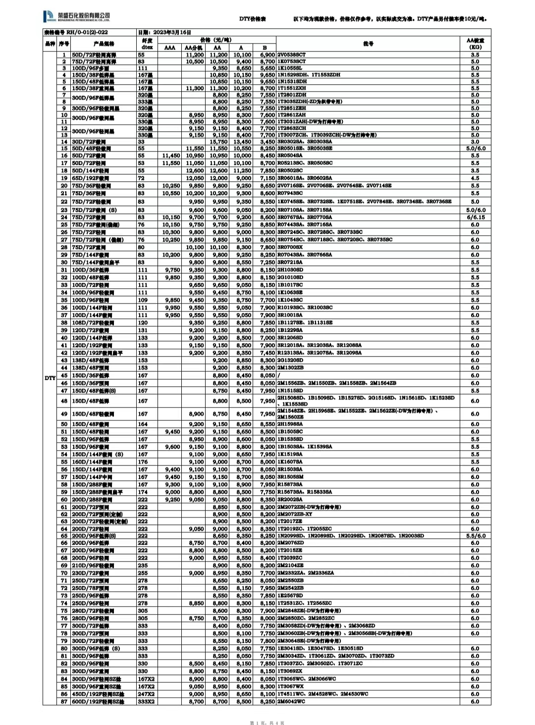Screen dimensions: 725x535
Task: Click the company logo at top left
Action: pos(77,17)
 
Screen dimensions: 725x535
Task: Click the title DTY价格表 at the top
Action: pos(253,19)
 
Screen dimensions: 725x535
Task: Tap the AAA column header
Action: pos(169,48)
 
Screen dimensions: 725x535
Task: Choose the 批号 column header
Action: pos(368,44)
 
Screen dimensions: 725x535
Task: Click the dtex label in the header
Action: pos(147,48)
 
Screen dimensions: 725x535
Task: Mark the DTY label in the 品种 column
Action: pos(50,378)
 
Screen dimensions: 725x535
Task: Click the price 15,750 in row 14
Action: pos(218,142)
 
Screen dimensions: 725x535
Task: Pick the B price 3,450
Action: pos(267,142)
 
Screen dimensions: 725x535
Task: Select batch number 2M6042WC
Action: pos(291,701)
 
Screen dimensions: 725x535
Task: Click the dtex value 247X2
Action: pos(146,694)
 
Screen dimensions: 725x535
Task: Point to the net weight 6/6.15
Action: pos(475,217)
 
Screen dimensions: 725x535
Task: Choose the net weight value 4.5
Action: pos(475,178)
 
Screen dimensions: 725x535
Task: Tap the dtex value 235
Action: pos(143,565)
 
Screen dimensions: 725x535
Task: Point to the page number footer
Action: pos(267,723)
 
